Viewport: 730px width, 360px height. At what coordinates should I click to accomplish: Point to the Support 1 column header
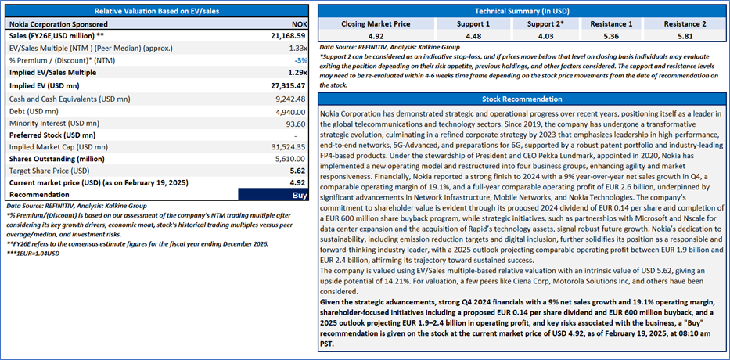(456, 24)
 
